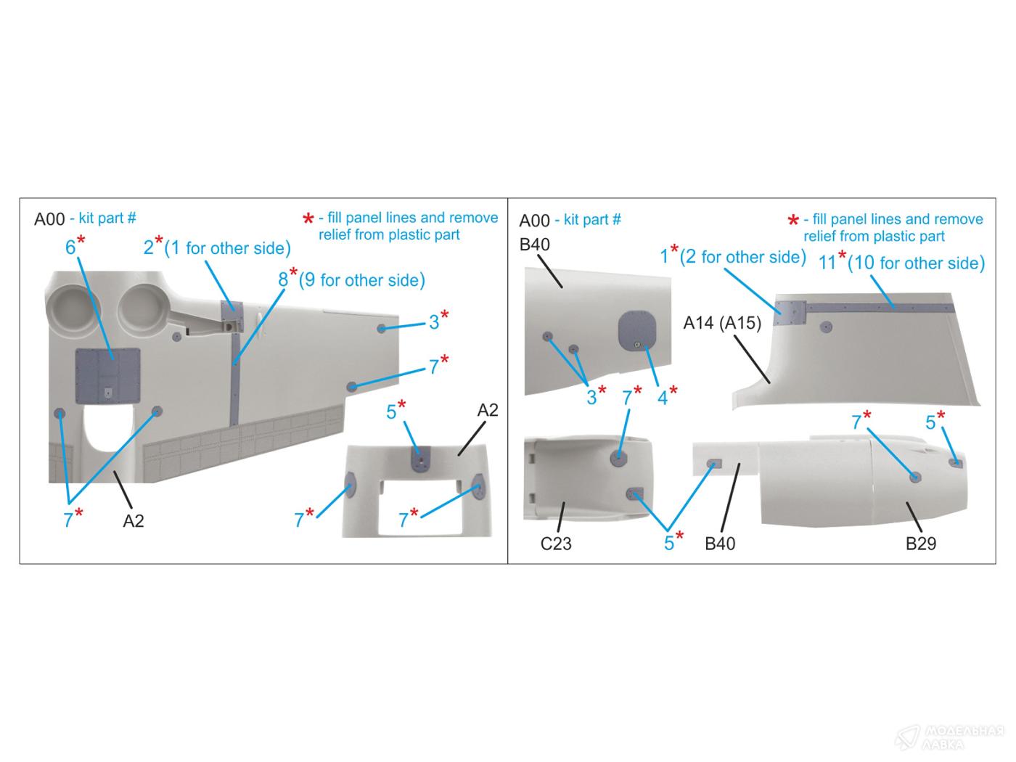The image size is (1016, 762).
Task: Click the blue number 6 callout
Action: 70,247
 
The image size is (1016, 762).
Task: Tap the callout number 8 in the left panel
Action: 283,280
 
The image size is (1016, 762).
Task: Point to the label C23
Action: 556,543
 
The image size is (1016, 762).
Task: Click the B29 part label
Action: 920,543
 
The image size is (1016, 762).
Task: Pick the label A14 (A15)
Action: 722,322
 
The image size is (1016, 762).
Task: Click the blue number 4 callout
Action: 663,396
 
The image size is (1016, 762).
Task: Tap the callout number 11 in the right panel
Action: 827,263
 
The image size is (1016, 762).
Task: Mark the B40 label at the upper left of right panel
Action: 535,245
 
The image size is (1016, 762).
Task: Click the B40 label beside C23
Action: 720,543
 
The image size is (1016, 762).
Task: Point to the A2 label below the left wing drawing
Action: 134,520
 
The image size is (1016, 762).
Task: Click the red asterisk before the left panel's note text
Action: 308,219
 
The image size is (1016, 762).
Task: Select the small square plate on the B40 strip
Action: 714,463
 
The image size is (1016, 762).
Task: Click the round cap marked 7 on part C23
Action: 618,457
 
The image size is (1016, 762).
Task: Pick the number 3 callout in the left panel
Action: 433,322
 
